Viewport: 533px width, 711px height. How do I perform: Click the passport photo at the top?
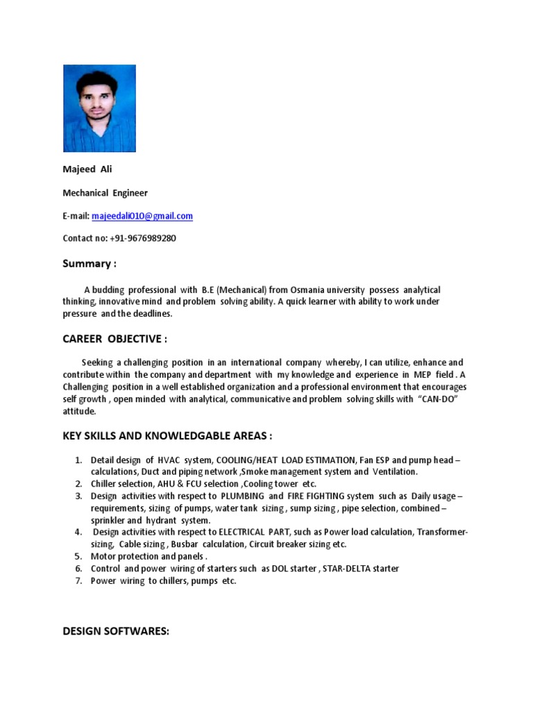(x=99, y=108)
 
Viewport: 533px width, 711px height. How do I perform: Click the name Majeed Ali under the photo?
(x=87, y=169)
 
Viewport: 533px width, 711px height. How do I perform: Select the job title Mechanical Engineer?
(x=105, y=192)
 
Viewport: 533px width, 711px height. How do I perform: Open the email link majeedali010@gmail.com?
(x=142, y=216)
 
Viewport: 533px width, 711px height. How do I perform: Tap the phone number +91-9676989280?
(x=143, y=238)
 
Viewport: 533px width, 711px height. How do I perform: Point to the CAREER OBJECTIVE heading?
(x=115, y=338)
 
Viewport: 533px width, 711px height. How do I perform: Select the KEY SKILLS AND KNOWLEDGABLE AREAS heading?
(x=167, y=435)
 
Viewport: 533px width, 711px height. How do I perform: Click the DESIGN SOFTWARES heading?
(x=116, y=631)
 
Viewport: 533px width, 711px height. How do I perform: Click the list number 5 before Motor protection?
(x=79, y=556)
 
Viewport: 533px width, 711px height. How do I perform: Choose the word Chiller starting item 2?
(x=105, y=483)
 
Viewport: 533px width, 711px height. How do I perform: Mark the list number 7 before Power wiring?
(x=79, y=580)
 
